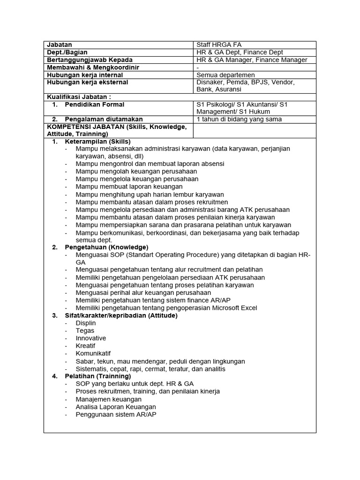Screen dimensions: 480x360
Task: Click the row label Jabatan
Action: pyautogui.click(x=60, y=45)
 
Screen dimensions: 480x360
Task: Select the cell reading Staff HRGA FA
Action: pyautogui.click(x=219, y=45)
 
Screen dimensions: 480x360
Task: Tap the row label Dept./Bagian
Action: pyautogui.click(x=67, y=52)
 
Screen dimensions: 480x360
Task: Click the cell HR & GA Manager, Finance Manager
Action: pyautogui.click(x=252, y=60)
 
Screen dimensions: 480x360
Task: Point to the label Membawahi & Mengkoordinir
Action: pyautogui.click(x=93, y=67)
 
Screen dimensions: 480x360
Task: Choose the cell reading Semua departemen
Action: pyautogui.click(x=226, y=75)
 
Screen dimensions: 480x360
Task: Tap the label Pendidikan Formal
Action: pyautogui.click(x=94, y=105)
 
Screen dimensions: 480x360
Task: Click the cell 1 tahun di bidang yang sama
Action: pyautogui.click(x=239, y=119)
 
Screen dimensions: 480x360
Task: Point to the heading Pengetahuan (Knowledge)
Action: pyautogui.click(x=106, y=247)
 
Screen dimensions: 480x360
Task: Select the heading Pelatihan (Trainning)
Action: pyautogui.click(x=98, y=376)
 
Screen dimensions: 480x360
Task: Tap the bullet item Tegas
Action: pyautogui.click(x=85, y=330)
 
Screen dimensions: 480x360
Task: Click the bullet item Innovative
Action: pyautogui.click(x=91, y=338)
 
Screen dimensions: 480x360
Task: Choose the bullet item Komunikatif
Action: pyautogui.click(x=93, y=353)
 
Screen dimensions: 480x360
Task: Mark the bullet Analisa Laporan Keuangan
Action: pyautogui.click(x=116, y=407)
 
